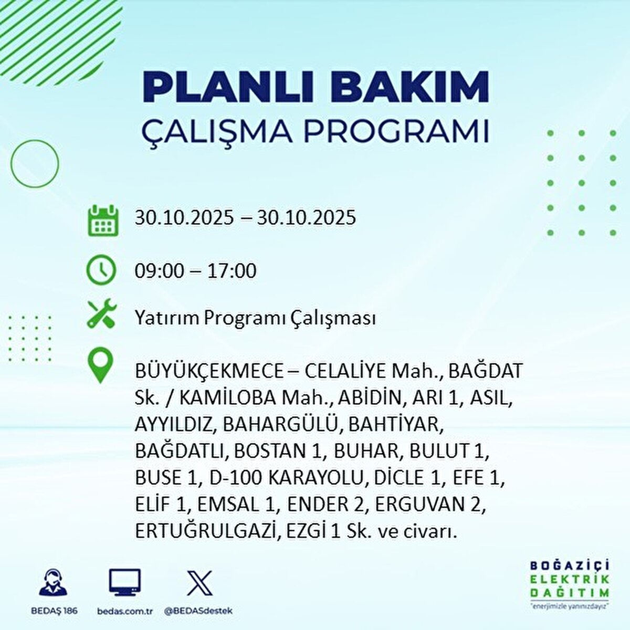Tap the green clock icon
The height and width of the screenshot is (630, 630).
pyautogui.click(x=101, y=270)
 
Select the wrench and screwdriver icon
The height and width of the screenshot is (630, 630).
pyautogui.click(x=102, y=314)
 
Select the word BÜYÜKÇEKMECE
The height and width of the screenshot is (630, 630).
pyautogui.click(x=209, y=372)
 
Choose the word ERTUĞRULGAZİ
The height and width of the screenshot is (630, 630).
pyautogui.click(x=205, y=531)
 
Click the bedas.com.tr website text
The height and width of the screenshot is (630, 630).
pyautogui.click(x=125, y=611)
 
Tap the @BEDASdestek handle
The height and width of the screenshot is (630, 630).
pyautogui.click(x=198, y=611)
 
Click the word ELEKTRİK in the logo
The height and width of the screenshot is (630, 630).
pyautogui.click(x=570, y=579)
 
